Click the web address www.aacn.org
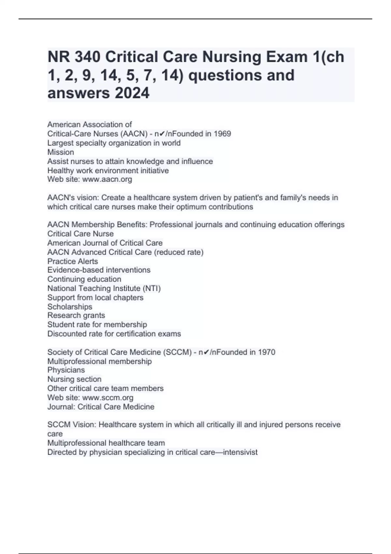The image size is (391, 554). coord(107,179)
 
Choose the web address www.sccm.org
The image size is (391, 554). coord(108,398)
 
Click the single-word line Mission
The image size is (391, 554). coord(61,152)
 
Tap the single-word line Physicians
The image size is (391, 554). coord(66,370)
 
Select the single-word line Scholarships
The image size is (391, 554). coord(70,307)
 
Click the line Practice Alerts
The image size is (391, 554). coord(73,261)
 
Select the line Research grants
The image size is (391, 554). coord(76,315)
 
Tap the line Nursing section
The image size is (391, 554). coord(74,379)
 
